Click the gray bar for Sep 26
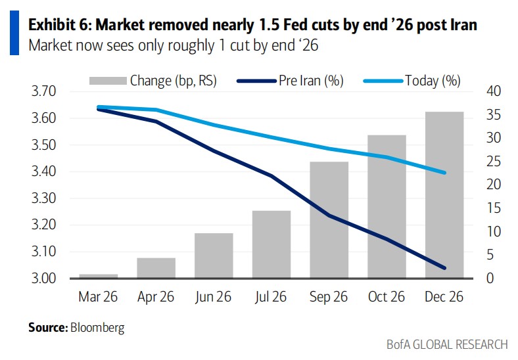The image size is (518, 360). [x=329, y=220]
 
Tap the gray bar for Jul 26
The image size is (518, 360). [x=271, y=244]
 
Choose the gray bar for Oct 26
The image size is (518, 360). [x=387, y=207]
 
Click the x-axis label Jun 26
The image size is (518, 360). [x=214, y=297]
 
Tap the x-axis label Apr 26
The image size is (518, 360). [x=156, y=297]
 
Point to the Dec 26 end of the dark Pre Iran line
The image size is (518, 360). [x=445, y=268]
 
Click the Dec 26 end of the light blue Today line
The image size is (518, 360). [x=445, y=173]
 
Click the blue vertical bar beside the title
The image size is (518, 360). [x=13, y=34]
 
